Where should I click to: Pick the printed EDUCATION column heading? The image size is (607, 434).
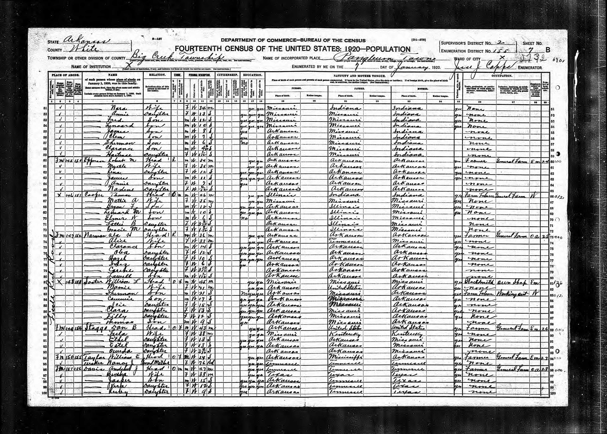point(252,75)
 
